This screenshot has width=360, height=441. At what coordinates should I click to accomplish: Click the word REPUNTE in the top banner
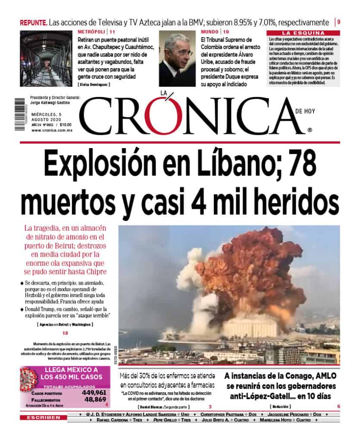33,22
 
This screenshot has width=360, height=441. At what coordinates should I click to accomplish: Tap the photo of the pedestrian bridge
46,59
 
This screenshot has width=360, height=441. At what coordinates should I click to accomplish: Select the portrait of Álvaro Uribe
177,59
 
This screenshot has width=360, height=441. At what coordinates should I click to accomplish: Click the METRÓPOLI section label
91,32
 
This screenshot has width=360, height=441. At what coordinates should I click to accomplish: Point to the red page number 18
65,333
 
